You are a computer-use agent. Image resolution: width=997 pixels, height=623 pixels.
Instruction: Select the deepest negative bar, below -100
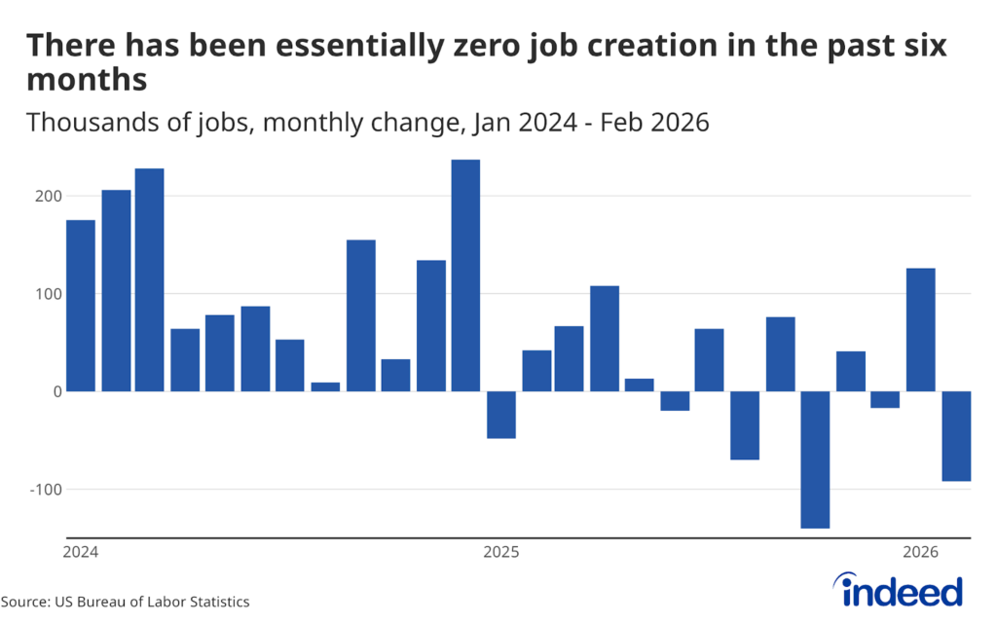click(815, 459)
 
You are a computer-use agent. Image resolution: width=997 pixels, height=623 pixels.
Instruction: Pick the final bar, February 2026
click(956, 436)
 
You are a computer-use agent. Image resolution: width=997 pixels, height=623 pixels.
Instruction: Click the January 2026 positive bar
click(921, 330)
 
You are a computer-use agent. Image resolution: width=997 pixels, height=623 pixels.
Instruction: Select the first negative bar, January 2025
click(500, 415)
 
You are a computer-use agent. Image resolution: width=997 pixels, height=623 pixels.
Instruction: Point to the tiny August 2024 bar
click(325, 386)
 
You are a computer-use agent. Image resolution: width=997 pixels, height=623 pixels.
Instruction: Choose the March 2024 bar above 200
click(150, 280)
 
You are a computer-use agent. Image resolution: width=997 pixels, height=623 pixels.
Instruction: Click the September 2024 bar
click(361, 315)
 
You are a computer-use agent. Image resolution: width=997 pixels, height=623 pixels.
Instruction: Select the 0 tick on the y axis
click(57, 391)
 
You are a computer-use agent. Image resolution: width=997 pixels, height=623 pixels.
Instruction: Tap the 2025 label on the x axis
click(500, 553)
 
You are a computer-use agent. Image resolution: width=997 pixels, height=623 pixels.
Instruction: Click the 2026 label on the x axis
click(921, 553)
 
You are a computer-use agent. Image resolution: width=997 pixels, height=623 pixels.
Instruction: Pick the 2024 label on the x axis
click(80, 553)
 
